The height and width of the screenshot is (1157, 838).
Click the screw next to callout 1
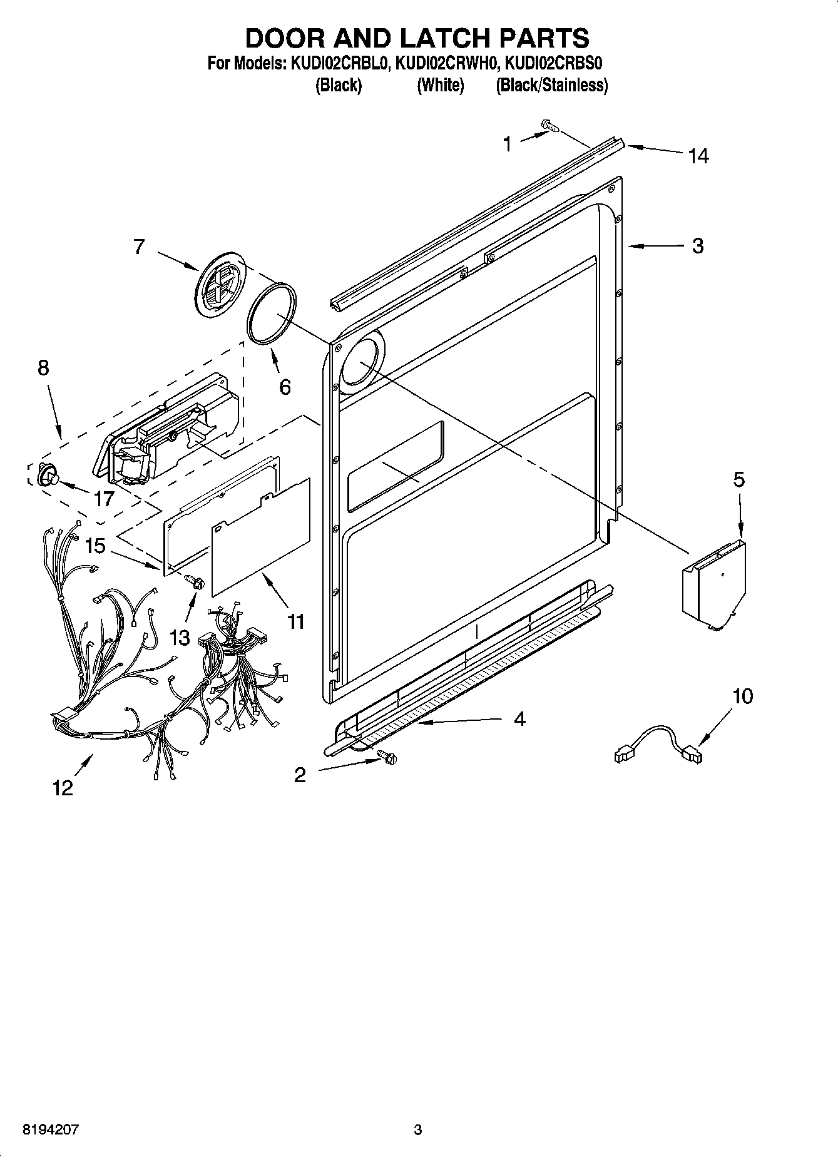[x=549, y=127]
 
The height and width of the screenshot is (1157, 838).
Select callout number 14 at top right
[x=698, y=156]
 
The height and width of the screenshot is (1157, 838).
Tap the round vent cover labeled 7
[x=219, y=287]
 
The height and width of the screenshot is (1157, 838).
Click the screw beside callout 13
[x=196, y=582]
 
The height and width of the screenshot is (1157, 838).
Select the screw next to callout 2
[x=388, y=757]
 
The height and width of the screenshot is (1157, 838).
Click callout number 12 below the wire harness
[x=63, y=788]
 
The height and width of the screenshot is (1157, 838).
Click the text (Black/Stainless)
[x=551, y=85]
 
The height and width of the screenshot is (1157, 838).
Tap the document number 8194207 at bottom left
[x=52, y=1130]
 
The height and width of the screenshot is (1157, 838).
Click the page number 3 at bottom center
[x=417, y=1130]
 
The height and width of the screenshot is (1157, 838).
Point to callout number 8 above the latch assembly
[x=43, y=367]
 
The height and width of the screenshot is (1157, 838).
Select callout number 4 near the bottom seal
[x=519, y=719]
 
